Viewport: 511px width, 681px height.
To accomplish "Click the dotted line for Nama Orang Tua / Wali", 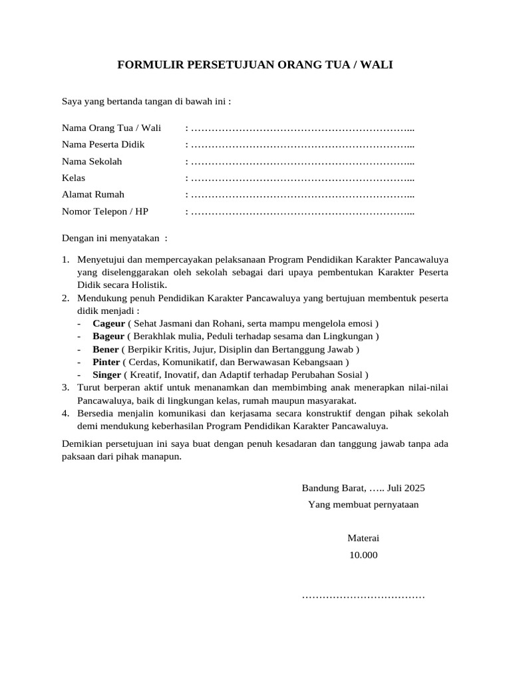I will (x=302, y=128).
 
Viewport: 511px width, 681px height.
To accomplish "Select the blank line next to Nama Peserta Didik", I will (x=302, y=144).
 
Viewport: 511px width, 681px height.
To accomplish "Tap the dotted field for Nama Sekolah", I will (x=302, y=162).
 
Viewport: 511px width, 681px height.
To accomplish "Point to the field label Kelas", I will (x=74, y=178).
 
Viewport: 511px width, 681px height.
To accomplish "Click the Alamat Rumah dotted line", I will (x=302, y=195).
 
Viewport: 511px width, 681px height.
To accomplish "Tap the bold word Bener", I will (x=106, y=349).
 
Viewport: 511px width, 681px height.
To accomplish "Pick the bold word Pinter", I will (x=106, y=362).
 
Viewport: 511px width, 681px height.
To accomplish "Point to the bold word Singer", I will (x=107, y=374).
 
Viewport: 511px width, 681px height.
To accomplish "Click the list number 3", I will (x=66, y=387).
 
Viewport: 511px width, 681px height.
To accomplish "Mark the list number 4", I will (x=66, y=413).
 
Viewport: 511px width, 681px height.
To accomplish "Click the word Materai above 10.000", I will (x=363, y=538).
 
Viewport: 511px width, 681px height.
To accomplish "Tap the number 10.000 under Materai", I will (x=363, y=554).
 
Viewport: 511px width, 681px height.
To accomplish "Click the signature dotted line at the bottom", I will (x=363, y=596).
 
